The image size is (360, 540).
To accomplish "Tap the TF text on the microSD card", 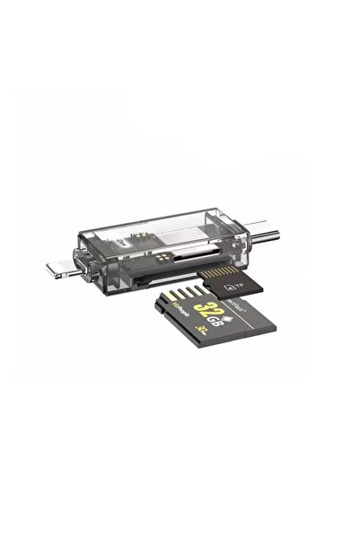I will [239, 285].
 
